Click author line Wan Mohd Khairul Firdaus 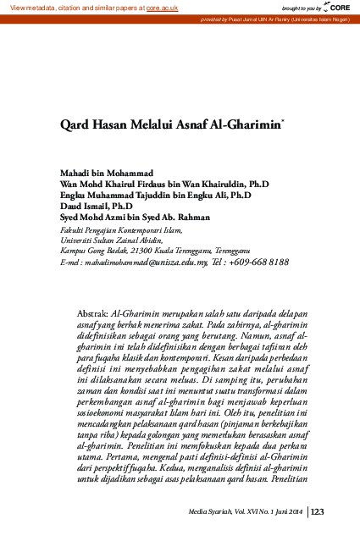pos(164,184)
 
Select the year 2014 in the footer pos(295,511)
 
